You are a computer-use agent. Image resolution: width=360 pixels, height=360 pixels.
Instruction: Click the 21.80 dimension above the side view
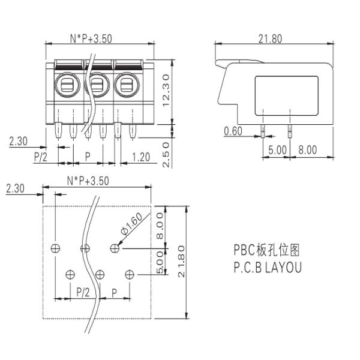point(270,39)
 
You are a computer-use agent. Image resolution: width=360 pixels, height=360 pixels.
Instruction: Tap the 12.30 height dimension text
point(166,90)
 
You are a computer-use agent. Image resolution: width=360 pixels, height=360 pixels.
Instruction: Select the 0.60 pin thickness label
point(233,131)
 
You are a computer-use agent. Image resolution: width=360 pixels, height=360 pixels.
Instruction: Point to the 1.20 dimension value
point(141,157)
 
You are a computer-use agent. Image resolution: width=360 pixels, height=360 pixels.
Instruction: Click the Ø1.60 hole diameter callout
point(132,224)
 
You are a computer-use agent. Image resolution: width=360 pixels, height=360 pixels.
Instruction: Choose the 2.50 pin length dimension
point(166,155)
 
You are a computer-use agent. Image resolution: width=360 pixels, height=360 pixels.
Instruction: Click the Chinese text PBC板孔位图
point(266,250)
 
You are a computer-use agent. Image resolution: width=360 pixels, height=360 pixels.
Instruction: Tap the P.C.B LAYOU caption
point(268,267)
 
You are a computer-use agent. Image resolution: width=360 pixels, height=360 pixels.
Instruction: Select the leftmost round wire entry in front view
point(67,85)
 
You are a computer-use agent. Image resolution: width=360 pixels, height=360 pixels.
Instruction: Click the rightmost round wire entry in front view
point(127,85)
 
